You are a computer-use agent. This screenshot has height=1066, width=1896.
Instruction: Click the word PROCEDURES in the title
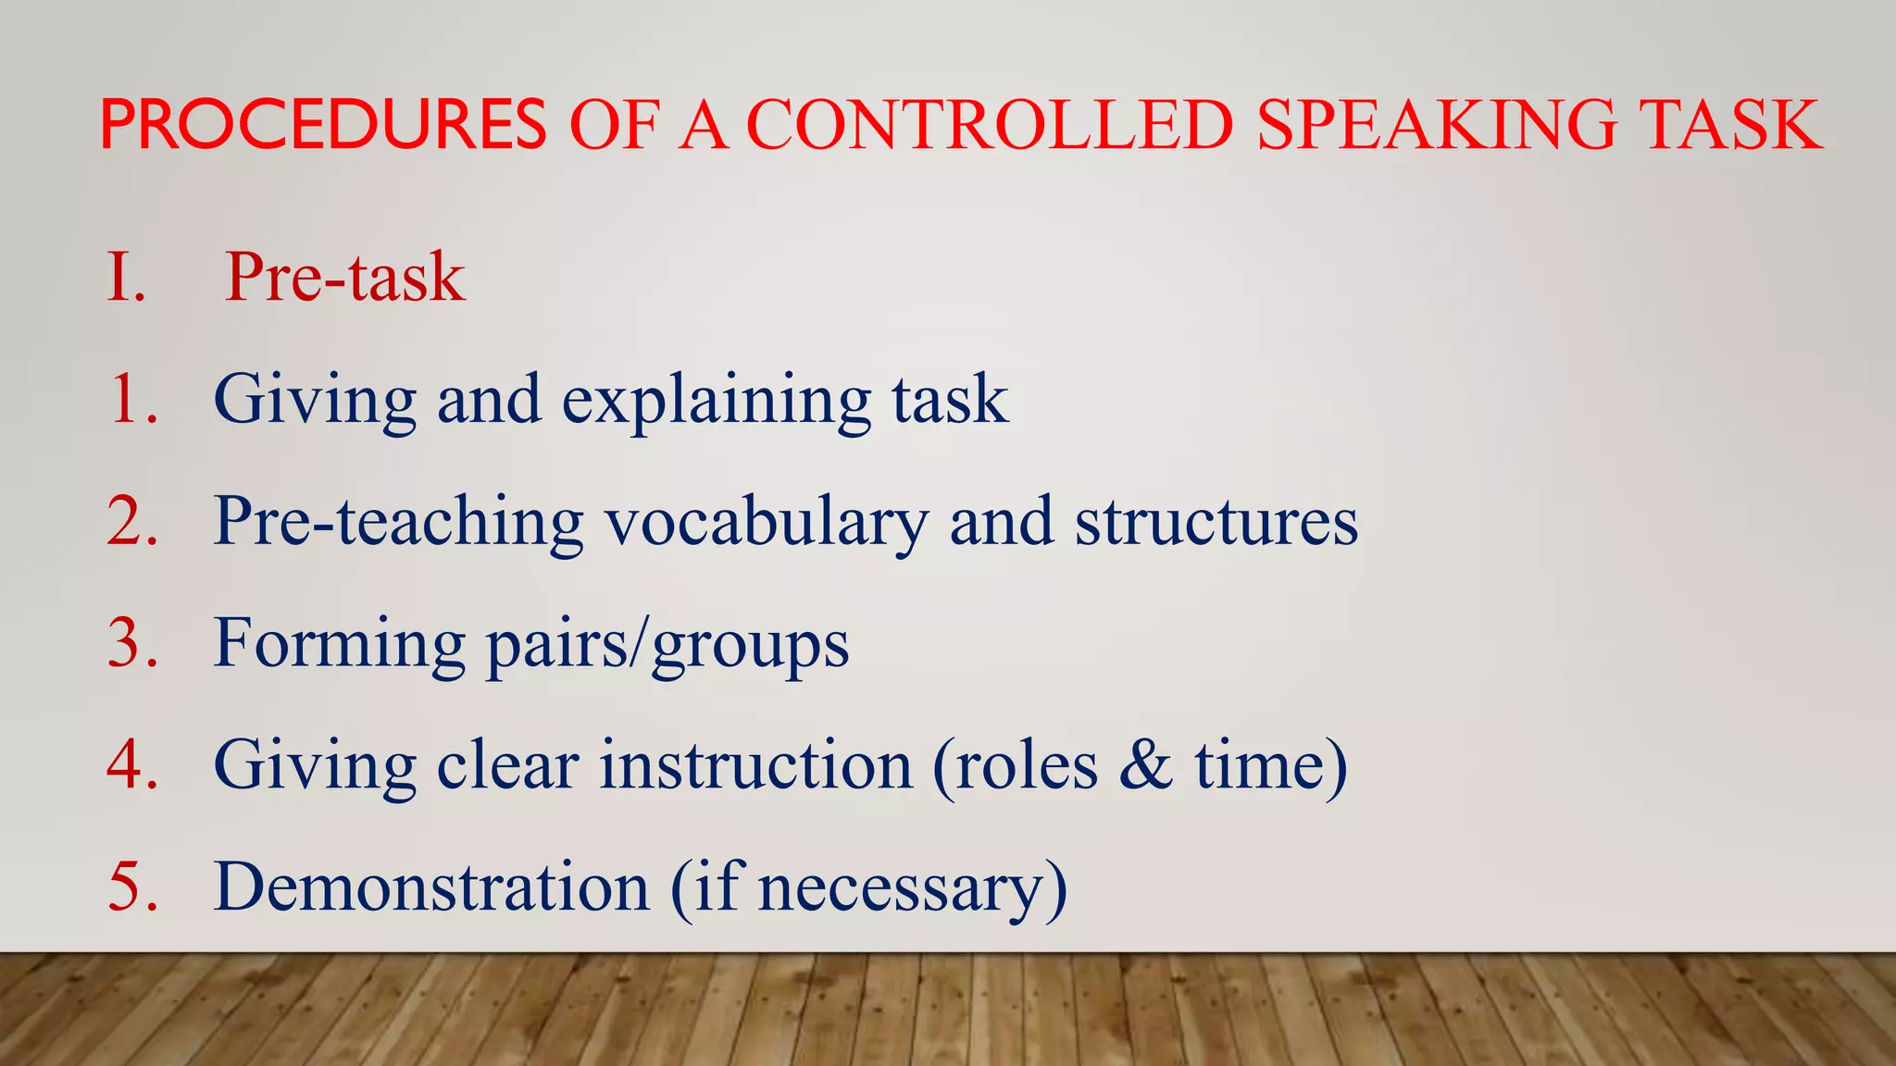click(x=323, y=125)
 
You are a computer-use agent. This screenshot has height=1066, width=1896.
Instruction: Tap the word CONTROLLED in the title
click(x=990, y=125)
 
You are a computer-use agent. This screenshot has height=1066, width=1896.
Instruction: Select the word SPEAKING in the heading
click(x=1436, y=125)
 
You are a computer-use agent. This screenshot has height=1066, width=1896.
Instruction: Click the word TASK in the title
click(x=1730, y=125)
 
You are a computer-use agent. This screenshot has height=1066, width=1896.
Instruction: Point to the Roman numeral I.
click(x=126, y=277)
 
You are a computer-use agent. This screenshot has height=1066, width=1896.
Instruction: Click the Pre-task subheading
click(x=344, y=277)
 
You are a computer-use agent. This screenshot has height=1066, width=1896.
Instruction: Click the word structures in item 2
click(x=1216, y=522)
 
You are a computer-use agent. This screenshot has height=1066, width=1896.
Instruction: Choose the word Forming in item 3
click(x=339, y=644)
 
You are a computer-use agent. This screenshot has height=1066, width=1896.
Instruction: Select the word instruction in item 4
click(x=755, y=765)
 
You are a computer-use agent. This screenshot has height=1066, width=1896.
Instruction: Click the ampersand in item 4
click(x=1145, y=765)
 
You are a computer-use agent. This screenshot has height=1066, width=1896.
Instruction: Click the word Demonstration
click(x=431, y=887)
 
